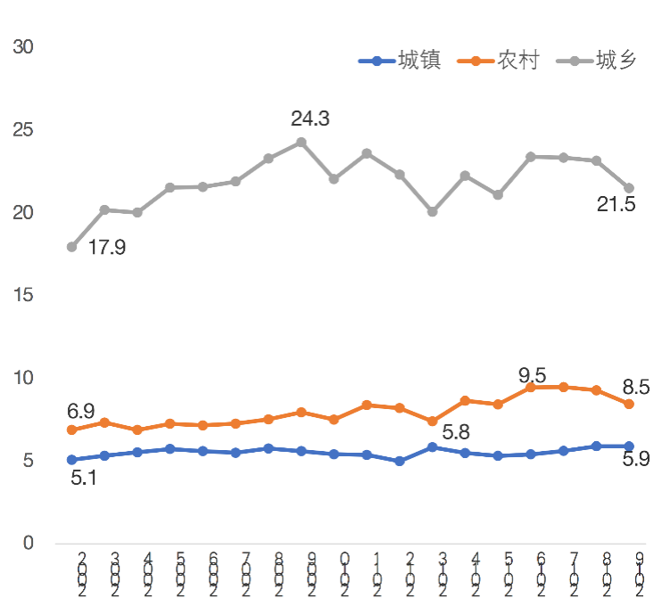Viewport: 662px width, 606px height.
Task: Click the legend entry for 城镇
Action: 400,61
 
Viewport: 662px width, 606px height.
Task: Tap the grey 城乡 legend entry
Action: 596,61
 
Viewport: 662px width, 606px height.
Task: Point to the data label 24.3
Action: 310,119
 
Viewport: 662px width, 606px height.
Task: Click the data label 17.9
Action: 106,248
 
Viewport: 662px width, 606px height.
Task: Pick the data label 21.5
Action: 616,205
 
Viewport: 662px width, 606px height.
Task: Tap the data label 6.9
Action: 81,412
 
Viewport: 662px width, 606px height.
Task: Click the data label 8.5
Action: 635,388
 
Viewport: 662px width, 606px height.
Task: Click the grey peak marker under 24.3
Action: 302,143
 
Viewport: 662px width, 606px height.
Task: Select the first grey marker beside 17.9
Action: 71,247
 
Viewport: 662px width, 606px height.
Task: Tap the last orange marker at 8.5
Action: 629,404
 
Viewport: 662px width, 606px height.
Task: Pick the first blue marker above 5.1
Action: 71,460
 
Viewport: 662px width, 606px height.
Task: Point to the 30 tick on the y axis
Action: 22,47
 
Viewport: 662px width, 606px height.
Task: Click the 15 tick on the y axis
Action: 22,295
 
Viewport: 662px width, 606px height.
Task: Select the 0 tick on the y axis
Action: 27,543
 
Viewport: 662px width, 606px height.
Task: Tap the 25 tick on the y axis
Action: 22,130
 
